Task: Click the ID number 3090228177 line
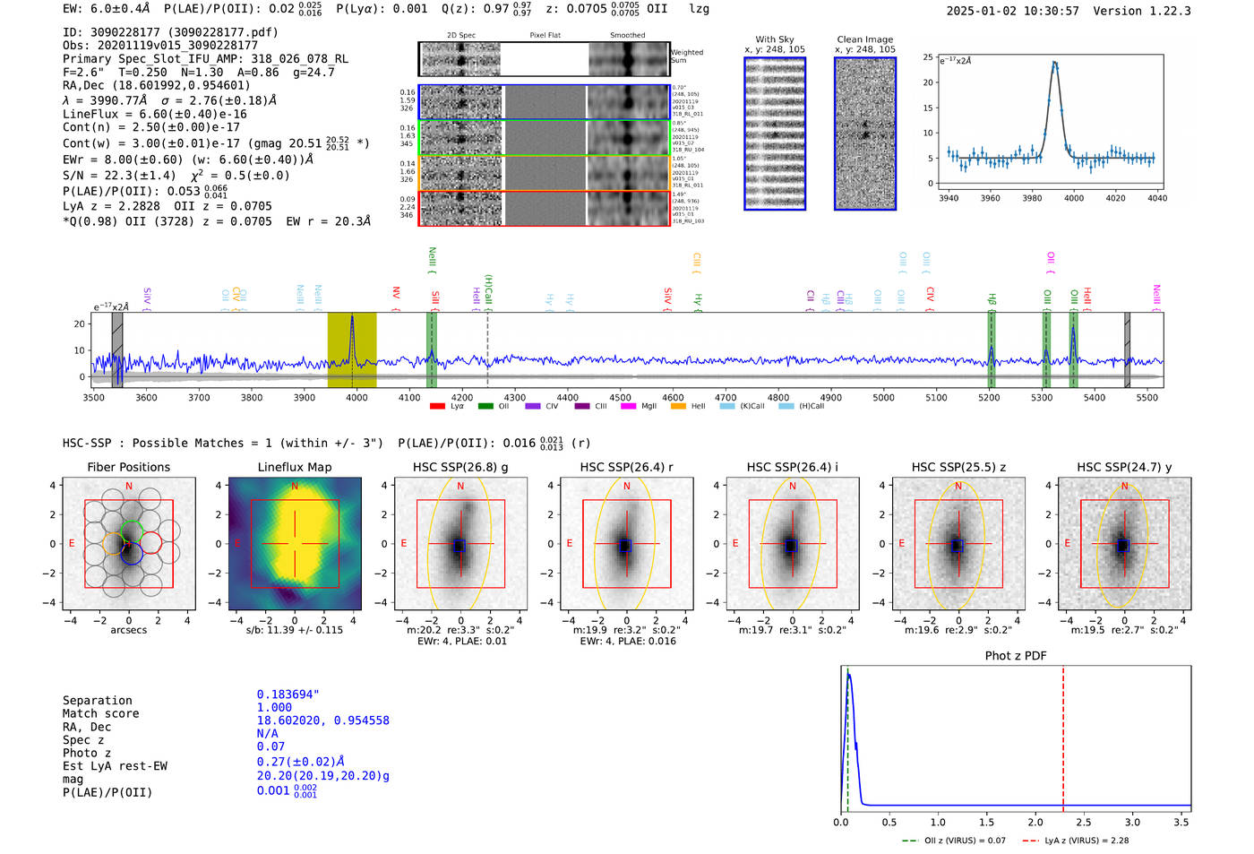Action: click(x=170, y=32)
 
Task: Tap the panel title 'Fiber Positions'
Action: click(x=128, y=467)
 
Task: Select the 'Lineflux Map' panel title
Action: click(x=295, y=467)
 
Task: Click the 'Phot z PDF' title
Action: click(x=1016, y=656)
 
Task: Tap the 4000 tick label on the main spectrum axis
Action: click(x=356, y=398)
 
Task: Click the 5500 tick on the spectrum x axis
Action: click(x=1147, y=398)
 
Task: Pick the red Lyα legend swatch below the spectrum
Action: click(x=437, y=407)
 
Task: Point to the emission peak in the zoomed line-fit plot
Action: click(x=1055, y=63)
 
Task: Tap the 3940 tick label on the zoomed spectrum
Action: click(x=948, y=198)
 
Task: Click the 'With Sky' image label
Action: click(x=774, y=39)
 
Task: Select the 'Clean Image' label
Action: click(x=864, y=39)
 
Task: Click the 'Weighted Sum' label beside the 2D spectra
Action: click(x=686, y=56)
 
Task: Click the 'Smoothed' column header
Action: click(x=627, y=36)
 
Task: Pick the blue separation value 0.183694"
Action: click(x=288, y=694)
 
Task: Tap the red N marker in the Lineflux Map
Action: click(x=295, y=487)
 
